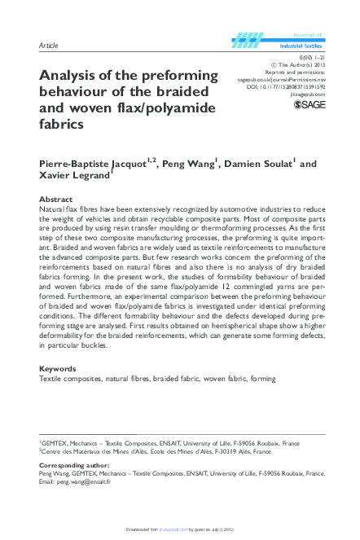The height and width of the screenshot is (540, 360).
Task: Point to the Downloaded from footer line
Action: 179,532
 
